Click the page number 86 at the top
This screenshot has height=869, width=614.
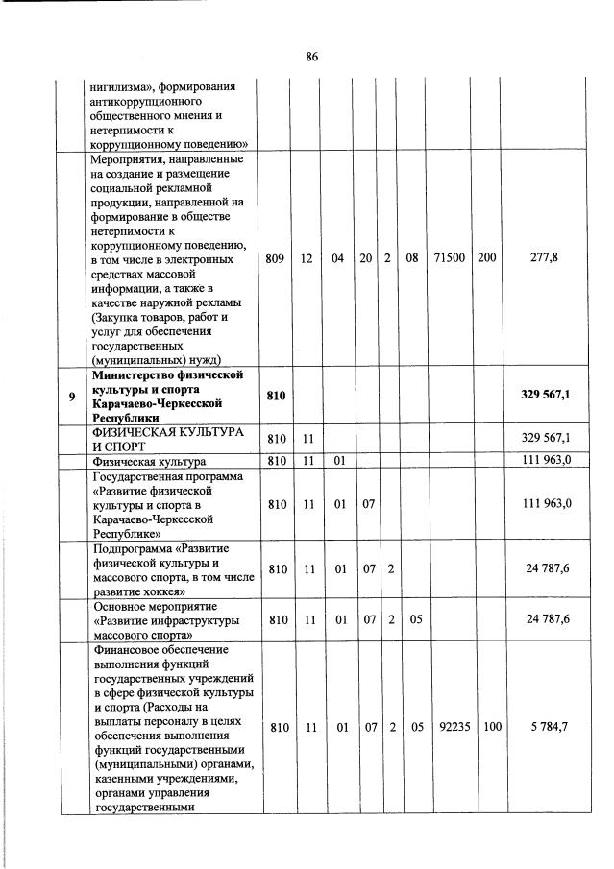coord(311,57)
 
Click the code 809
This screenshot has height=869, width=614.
coord(277,258)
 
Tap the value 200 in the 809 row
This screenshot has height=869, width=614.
coord(487,258)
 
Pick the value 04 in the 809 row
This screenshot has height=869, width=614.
coord(338,258)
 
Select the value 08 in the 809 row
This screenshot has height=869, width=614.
coord(412,258)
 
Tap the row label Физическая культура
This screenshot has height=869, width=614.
coord(149,461)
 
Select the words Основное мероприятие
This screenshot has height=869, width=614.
coord(155,607)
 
